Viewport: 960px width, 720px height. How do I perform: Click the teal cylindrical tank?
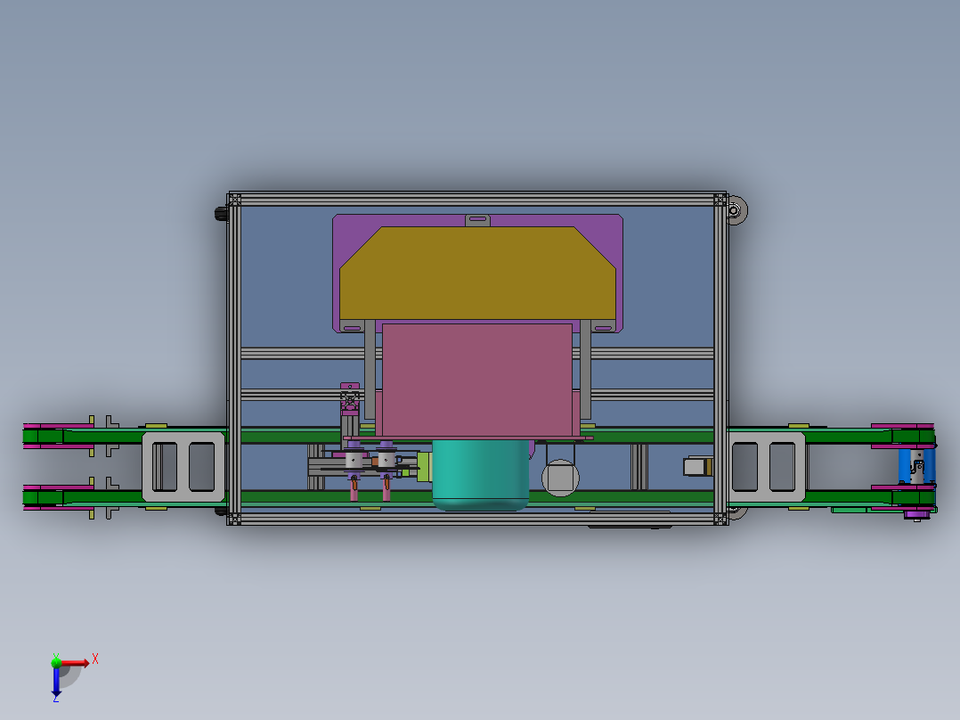[x=480, y=474]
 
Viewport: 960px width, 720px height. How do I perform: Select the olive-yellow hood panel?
[x=477, y=273]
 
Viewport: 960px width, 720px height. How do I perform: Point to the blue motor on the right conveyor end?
[x=916, y=466]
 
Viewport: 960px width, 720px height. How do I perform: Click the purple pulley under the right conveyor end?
[x=917, y=513]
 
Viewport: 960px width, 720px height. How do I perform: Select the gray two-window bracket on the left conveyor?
[x=183, y=466]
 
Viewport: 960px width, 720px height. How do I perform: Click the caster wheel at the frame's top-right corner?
[x=736, y=211]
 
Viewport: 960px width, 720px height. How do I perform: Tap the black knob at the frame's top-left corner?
[x=220, y=214]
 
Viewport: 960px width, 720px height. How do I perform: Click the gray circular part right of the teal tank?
[x=560, y=478]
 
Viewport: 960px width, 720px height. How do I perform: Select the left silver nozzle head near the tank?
[x=354, y=460]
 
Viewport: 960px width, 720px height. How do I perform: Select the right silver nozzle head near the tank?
[x=386, y=460]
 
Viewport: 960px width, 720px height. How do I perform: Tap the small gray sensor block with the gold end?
[x=696, y=466]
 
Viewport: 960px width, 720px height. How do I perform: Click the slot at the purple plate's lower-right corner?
[x=603, y=328]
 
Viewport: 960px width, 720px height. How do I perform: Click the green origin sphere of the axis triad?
[x=56, y=662]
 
